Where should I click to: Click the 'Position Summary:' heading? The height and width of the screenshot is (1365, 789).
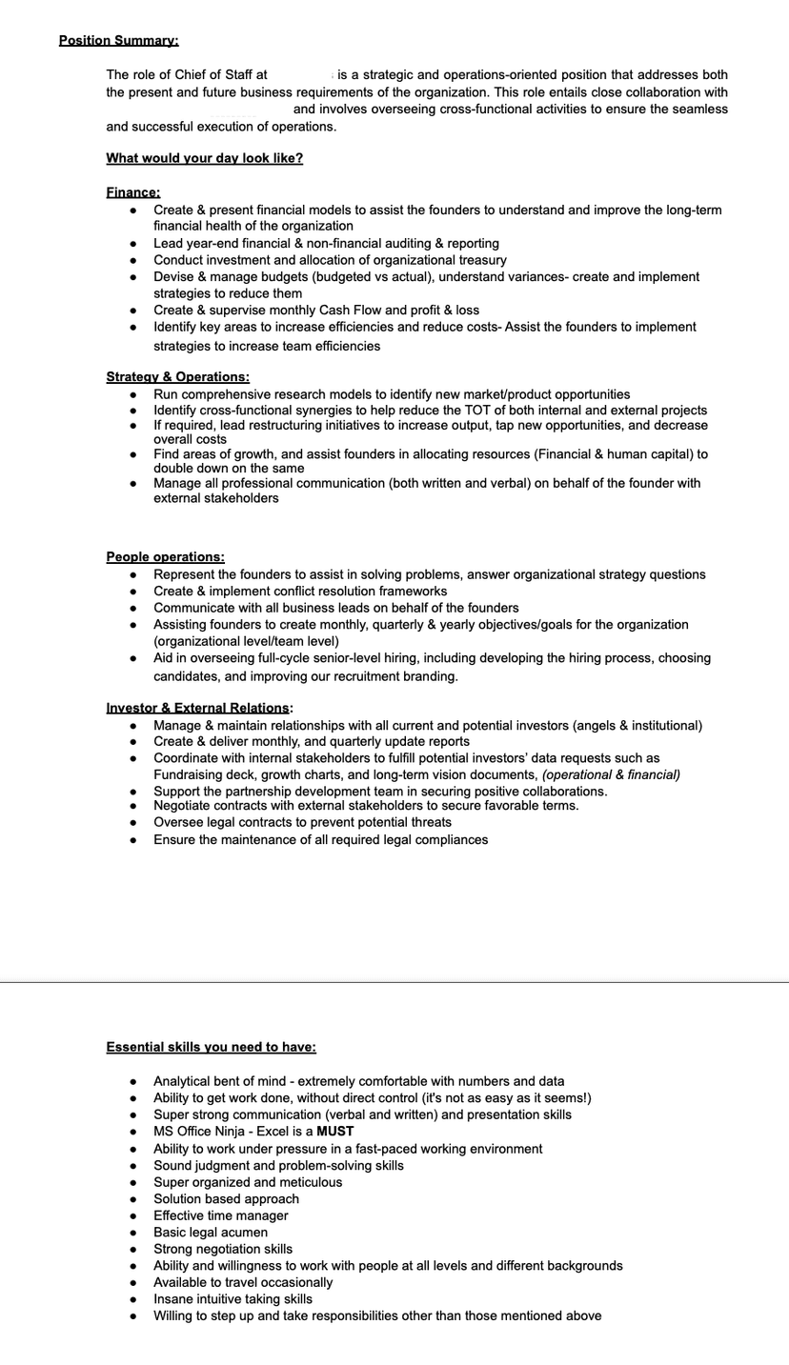pos(118,40)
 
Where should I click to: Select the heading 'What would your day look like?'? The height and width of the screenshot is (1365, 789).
pos(204,158)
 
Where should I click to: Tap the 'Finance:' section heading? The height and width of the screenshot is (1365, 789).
pos(132,192)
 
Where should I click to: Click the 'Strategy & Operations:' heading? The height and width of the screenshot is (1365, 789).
pos(177,377)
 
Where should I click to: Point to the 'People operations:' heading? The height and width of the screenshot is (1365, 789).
pos(165,557)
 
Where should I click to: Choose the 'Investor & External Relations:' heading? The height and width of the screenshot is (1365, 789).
pos(199,708)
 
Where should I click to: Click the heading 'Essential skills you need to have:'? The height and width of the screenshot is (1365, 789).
pos(211,1047)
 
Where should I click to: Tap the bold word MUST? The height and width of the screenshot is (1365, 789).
pos(335,1132)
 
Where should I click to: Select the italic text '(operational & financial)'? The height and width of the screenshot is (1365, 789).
pos(611,774)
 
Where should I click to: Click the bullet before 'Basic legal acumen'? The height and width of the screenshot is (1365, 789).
pos(133,1233)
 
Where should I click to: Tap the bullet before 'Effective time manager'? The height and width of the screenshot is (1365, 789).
pos(133,1216)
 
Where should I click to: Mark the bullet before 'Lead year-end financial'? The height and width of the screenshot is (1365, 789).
pos(133,244)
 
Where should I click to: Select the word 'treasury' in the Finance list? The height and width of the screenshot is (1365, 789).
pos(479,260)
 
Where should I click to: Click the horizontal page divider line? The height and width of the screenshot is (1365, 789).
pos(394,982)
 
